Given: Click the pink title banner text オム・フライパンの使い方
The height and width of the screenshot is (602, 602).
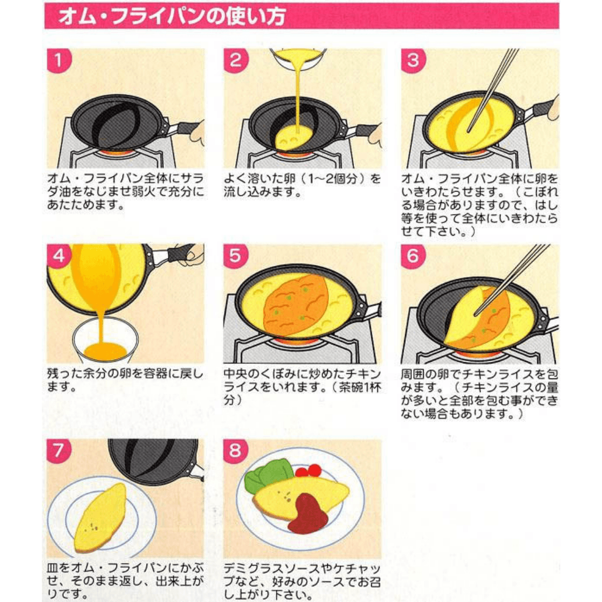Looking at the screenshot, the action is [x=172, y=17].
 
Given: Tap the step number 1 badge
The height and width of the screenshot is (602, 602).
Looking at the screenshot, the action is [x=59, y=60].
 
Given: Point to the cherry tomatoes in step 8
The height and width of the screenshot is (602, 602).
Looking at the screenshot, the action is [x=309, y=470].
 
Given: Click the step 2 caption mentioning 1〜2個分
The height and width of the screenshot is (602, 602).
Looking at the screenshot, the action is [x=302, y=185].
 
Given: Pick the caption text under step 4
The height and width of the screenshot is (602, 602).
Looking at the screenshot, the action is [x=125, y=380].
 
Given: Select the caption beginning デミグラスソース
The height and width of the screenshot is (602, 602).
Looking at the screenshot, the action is [x=302, y=581].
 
